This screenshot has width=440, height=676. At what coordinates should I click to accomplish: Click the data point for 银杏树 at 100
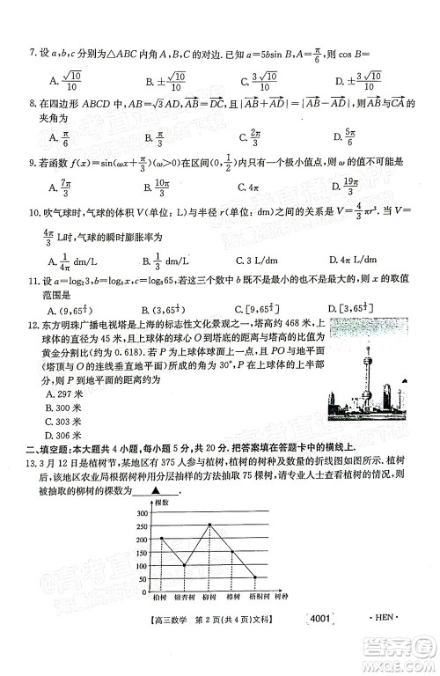coord(185,564)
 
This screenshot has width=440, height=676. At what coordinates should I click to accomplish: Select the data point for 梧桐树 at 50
coord(254,577)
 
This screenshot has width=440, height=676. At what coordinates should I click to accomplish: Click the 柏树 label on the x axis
coord(162,596)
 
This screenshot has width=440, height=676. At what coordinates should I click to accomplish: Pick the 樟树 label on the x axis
coord(232,596)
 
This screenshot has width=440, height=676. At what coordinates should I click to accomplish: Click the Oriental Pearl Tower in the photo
coord(385,387)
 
